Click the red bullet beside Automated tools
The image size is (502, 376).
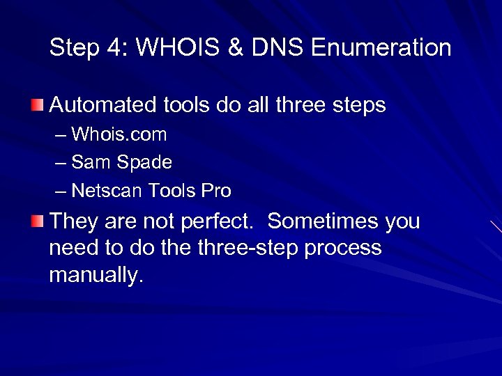(x=37, y=104)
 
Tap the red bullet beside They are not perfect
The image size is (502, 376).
(x=37, y=221)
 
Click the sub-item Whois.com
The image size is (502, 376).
(x=119, y=134)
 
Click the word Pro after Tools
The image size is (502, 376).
(x=216, y=190)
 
